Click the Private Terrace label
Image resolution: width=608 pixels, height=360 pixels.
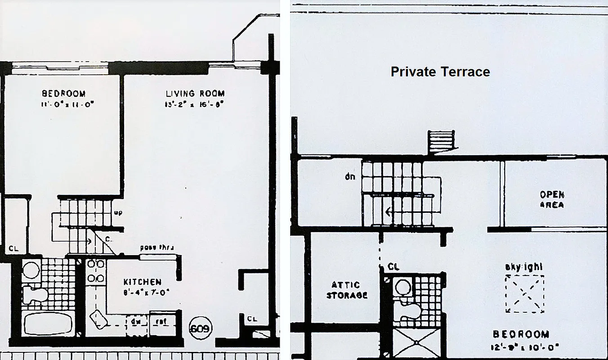tap(440, 72)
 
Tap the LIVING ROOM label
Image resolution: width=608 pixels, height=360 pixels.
tap(195, 94)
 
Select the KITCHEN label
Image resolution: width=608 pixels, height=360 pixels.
tap(142, 282)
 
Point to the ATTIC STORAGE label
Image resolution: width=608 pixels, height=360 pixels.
tap(346, 290)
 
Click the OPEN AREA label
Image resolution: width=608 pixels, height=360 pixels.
tap(552, 200)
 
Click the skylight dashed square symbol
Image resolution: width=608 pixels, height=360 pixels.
tap(525, 293)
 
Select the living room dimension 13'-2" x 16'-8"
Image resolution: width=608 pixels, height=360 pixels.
tap(194, 105)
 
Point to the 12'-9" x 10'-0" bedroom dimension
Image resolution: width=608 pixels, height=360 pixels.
tap(520, 347)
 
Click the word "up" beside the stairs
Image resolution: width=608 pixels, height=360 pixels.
tap(118, 213)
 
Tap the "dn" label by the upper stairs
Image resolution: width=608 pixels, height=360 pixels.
tap(350, 176)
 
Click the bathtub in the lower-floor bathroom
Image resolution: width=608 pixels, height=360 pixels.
tap(48, 323)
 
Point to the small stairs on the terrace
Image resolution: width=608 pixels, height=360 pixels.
tap(440, 142)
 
